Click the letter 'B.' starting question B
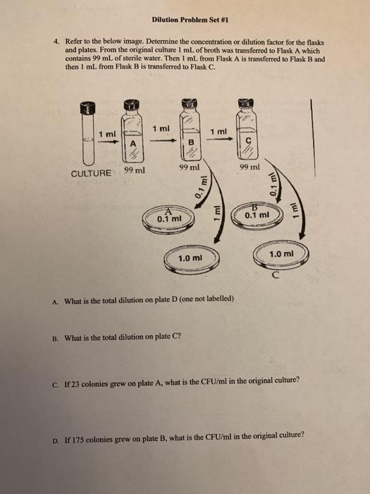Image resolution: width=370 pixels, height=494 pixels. (x=55, y=337)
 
